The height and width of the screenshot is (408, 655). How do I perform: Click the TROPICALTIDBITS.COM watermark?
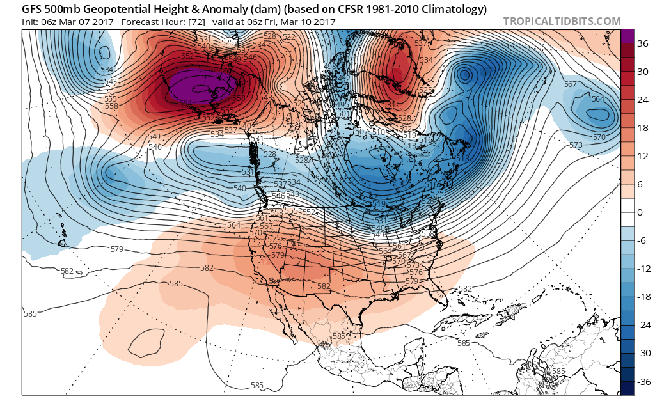[x=562, y=21]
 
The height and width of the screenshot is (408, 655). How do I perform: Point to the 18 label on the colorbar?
[x=640, y=129]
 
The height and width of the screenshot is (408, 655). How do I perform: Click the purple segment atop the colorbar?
[x=627, y=37]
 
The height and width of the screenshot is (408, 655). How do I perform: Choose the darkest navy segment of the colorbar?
[x=627, y=387]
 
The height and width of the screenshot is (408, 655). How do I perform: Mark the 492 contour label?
[x=343, y=79]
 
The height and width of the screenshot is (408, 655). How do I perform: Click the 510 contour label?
[x=379, y=132]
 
